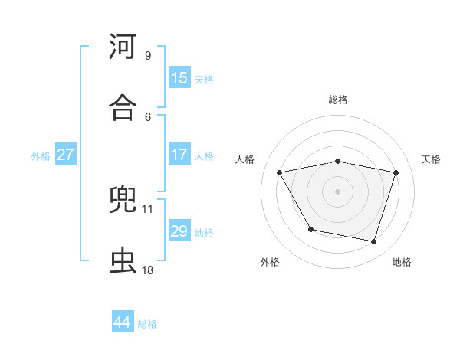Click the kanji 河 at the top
point(123,47)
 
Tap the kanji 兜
point(123,201)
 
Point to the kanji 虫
point(123,260)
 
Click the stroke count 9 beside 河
point(148,55)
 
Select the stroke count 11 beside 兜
point(148,208)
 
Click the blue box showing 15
point(179,78)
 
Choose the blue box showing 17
point(179,155)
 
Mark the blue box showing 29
point(179,231)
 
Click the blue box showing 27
point(65,155)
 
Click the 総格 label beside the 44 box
point(147,324)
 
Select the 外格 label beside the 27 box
point(41,156)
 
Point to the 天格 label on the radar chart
point(431,159)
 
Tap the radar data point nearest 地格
point(374,242)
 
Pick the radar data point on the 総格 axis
point(337,161)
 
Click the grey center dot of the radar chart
point(337,191)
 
